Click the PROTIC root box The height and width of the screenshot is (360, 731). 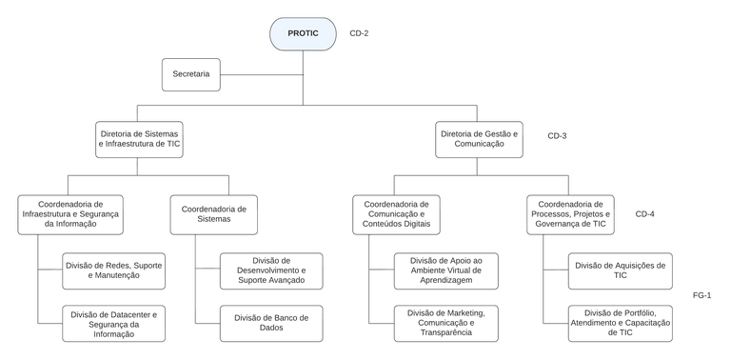pos(303,33)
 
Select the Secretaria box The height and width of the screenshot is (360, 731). pos(190,74)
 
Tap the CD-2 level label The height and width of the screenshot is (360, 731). pos(359,33)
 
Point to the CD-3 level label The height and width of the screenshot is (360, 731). pos(557,136)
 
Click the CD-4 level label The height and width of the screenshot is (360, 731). pos(644,213)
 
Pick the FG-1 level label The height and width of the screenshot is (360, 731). pos(701,295)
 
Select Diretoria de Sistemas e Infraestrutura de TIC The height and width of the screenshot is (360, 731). pos(139,139)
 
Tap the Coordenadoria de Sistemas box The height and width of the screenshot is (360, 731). pos(214,214)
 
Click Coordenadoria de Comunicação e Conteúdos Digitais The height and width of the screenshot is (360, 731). pos(396,214)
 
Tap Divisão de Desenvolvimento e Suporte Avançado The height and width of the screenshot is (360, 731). pos(270,270)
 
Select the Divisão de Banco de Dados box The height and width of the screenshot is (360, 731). pos(270,324)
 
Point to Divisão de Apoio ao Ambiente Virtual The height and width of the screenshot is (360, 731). pos(445,270)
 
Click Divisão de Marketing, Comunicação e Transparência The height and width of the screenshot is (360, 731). pos(445,324)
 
